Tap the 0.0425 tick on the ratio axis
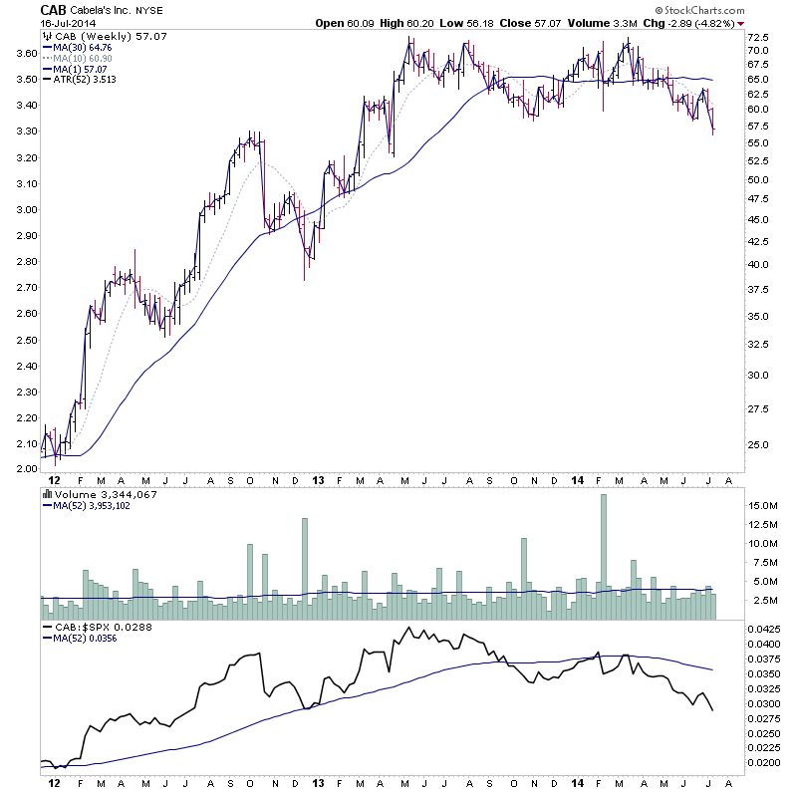pyautogui.click(x=764, y=630)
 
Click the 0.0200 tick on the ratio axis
pyautogui.click(x=764, y=762)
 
